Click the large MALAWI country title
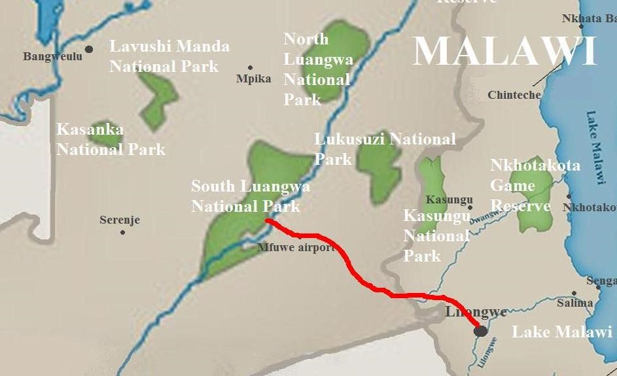click(505, 52)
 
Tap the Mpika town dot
click(250, 67)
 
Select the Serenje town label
click(120, 220)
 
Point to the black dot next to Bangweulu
click(89, 49)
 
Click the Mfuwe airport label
click(296, 248)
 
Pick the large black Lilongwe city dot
click(481, 331)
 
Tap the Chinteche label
click(514, 95)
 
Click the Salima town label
click(574, 303)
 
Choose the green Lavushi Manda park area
click(158, 98)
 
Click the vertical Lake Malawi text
click(595, 147)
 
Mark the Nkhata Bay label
click(589, 19)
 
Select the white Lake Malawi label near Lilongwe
click(561, 332)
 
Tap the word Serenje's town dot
click(122, 232)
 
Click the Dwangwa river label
click(483, 216)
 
